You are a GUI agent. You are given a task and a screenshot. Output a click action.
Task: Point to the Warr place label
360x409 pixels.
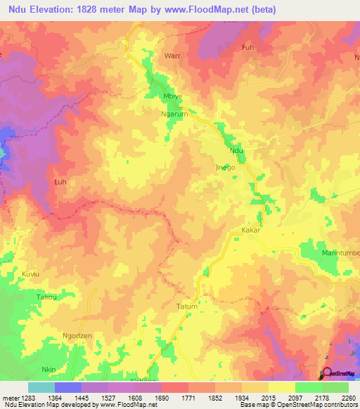172,54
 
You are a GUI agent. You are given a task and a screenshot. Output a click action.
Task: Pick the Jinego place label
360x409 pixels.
224,168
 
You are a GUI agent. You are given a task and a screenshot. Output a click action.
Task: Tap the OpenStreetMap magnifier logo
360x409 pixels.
326,373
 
